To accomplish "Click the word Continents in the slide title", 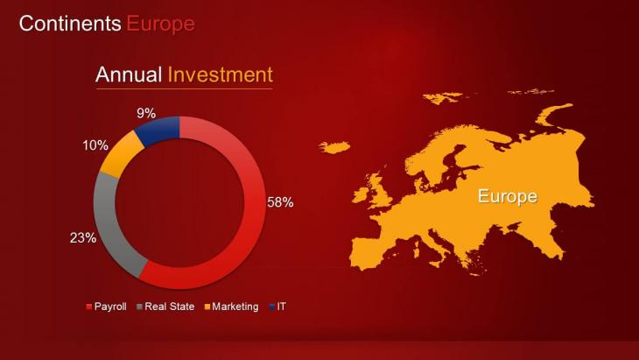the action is coord(70,24).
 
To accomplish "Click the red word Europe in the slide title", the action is coord(160,24).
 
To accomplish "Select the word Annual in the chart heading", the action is coord(129,74).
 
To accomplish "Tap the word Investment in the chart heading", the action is coord(220,74).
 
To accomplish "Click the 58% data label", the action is coord(280,202).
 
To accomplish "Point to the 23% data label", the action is coord(83,237).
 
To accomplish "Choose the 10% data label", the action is coord(95,145).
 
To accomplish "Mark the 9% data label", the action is coord(146,113).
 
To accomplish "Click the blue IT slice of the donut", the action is coord(159,130).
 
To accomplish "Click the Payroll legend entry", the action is coord(107,307).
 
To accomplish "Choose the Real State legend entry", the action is coord(165,307).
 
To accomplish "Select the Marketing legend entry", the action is coord(231,307).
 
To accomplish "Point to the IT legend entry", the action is coord(277,307).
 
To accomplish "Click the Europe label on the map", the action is coord(508,196).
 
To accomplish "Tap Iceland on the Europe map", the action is coord(334,147).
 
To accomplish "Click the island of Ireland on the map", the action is coord(360,194).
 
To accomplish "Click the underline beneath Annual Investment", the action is coord(184,88).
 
